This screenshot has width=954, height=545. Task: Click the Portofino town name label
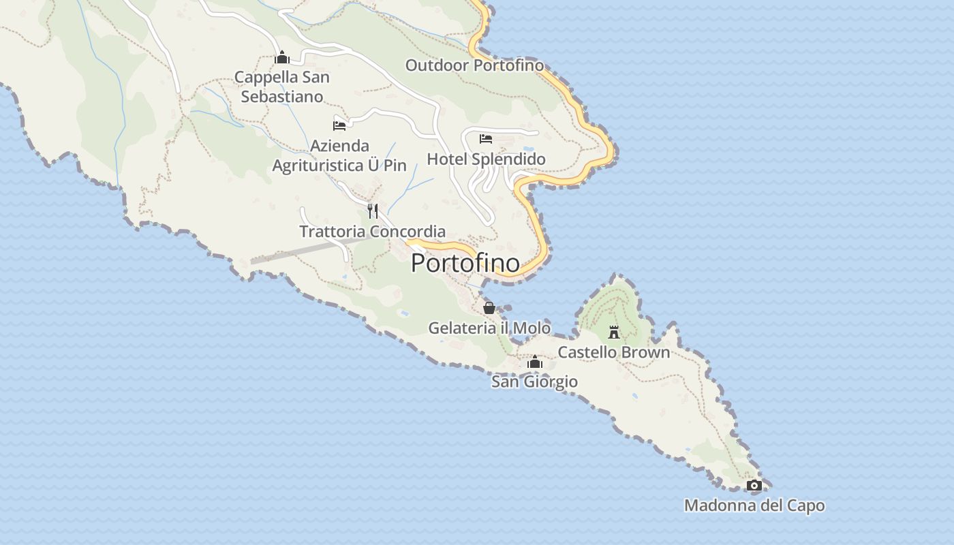(465, 263)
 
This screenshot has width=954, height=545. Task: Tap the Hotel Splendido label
(486, 159)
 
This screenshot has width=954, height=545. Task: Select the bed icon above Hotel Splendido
(486, 139)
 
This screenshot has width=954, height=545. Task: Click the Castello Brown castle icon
(614, 332)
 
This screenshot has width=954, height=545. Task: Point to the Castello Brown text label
(614, 352)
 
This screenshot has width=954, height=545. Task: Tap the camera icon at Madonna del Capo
(754, 486)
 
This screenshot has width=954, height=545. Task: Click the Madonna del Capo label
(754, 505)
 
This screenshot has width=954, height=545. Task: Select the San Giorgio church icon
(535, 362)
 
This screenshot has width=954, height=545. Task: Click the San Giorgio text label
(535, 381)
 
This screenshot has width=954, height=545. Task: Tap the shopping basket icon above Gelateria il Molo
(489, 308)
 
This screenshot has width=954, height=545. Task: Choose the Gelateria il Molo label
(489, 328)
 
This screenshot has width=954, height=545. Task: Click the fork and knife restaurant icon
(372, 211)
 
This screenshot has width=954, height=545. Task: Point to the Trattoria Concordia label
(373, 232)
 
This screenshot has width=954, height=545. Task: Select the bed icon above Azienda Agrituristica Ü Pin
(339, 125)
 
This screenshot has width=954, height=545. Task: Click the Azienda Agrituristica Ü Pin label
(339, 155)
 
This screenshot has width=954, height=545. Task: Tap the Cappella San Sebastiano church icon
(282, 58)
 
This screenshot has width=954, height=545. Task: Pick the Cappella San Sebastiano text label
(282, 87)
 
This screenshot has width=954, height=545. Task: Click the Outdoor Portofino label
(475, 65)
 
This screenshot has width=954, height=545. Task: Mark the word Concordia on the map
(408, 232)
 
